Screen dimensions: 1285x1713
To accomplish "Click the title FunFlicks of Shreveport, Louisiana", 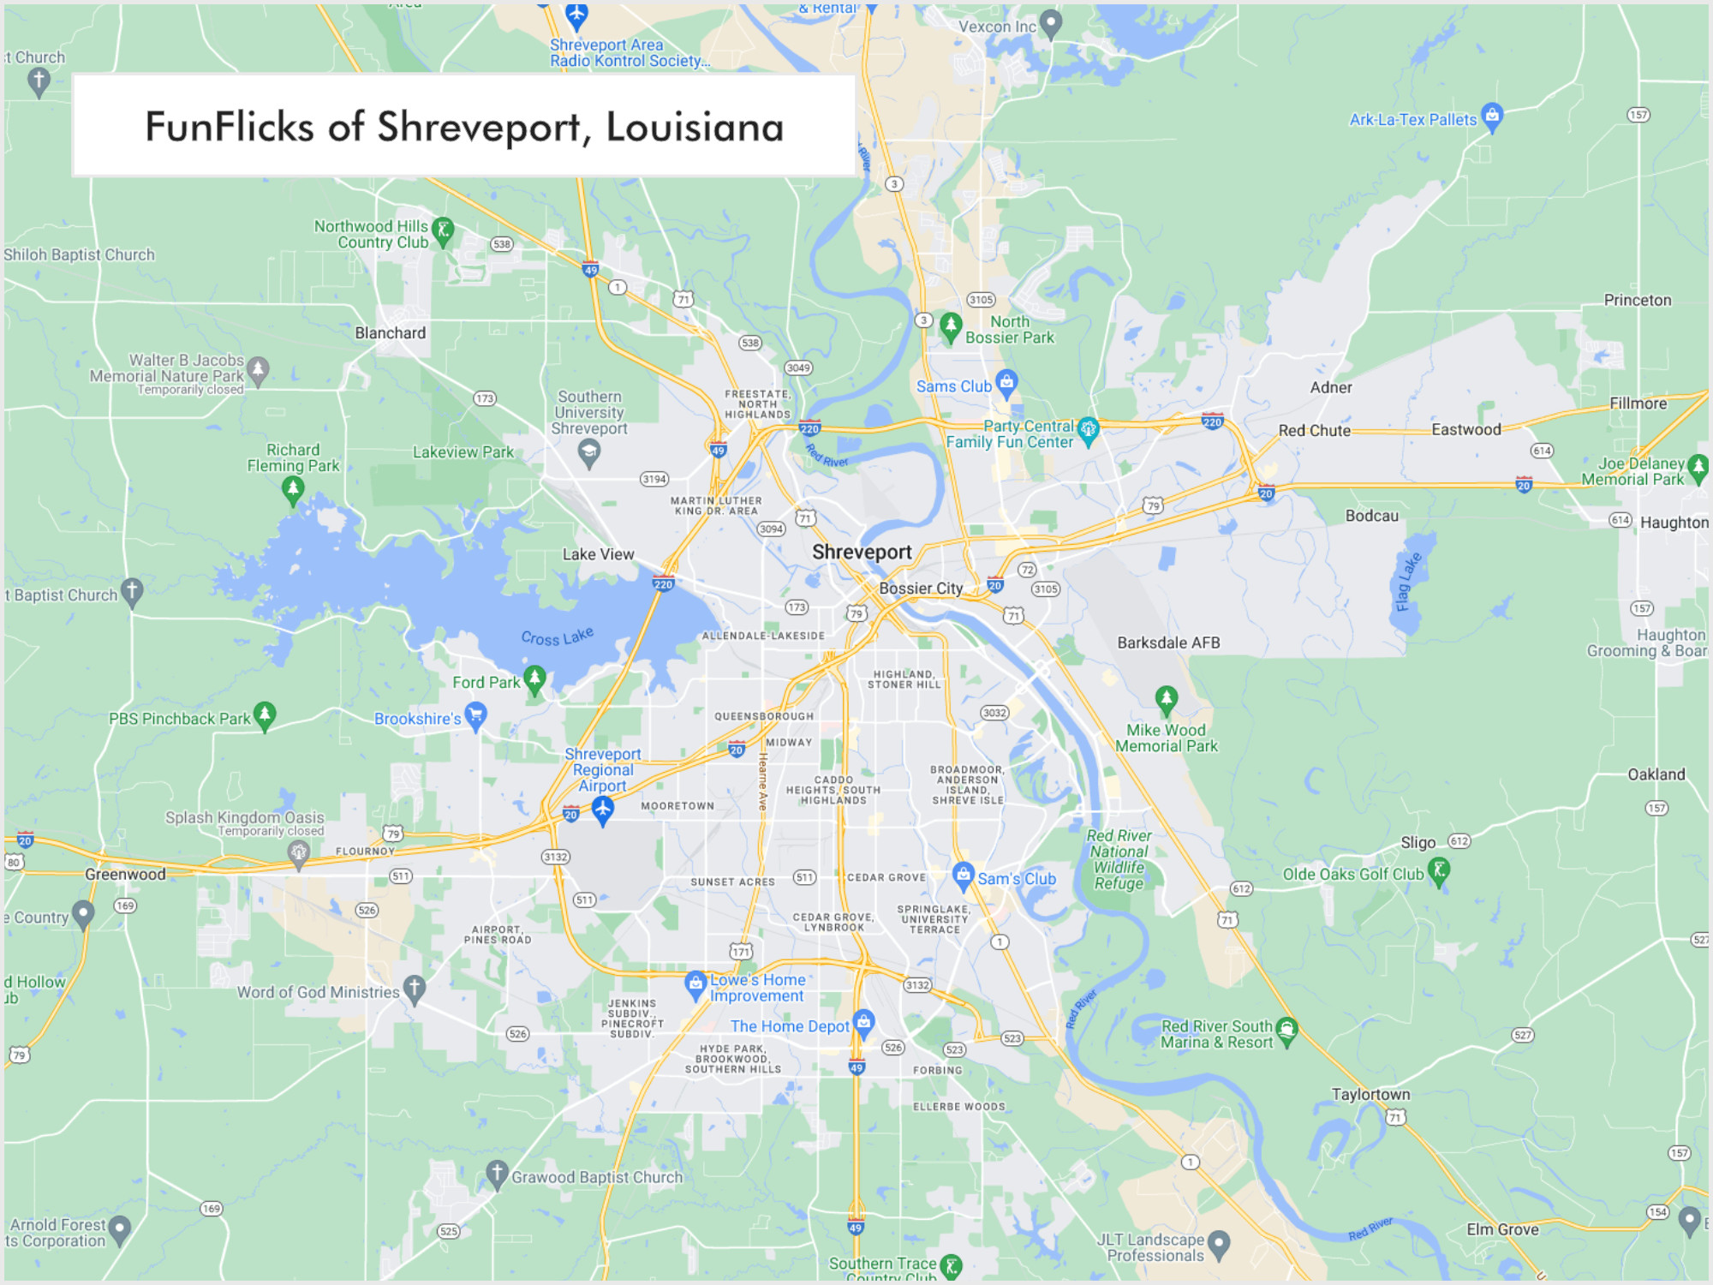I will [x=464, y=127].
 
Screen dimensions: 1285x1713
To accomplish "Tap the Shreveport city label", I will [x=862, y=553].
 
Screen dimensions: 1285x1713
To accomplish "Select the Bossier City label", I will [x=921, y=589].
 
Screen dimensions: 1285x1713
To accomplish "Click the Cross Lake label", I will [x=557, y=637].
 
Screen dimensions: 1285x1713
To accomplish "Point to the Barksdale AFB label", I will [x=1168, y=642].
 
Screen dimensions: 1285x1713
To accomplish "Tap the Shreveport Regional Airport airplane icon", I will [x=603, y=809].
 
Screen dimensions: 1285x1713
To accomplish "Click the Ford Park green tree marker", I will [x=535, y=680].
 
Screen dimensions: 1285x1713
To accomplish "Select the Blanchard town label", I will [x=391, y=333].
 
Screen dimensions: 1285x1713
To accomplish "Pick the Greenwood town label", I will [x=125, y=875].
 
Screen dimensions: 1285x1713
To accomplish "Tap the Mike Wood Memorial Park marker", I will [x=1166, y=700].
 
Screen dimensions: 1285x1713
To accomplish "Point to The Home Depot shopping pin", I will [x=864, y=1022].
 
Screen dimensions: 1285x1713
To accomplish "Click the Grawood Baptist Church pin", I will [x=497, y=1174].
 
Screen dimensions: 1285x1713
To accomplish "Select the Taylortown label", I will [x=1370, y=1095].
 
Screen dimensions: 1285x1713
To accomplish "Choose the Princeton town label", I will [x=1638, y=301].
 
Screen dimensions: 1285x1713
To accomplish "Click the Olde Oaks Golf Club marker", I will [x=1440, y=871].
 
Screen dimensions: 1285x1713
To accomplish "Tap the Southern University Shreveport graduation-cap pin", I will [x=588, y=451].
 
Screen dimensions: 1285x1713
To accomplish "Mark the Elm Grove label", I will [x=1502, y=1230].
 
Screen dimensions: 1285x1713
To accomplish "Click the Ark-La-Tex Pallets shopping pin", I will [x=1492, y=117].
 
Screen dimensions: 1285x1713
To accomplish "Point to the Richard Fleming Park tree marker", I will [x=293, y=489].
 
